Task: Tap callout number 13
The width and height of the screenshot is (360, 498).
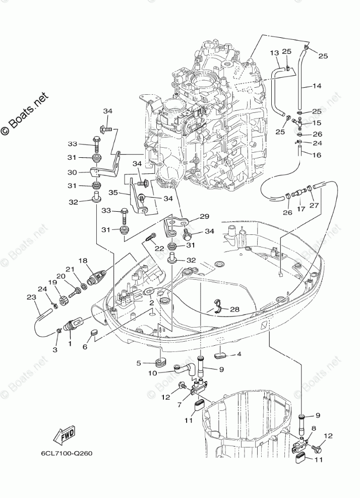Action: coord(274,53)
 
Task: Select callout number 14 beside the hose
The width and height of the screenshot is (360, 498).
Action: coord(316,86)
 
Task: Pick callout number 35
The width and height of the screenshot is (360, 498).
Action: coord(113,192)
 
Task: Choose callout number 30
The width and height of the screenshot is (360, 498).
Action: coord(72,171)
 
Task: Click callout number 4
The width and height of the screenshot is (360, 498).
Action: coord(238,354)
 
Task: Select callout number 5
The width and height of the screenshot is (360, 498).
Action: coord(139,362)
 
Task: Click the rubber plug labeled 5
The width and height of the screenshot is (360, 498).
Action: coord(160,362)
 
